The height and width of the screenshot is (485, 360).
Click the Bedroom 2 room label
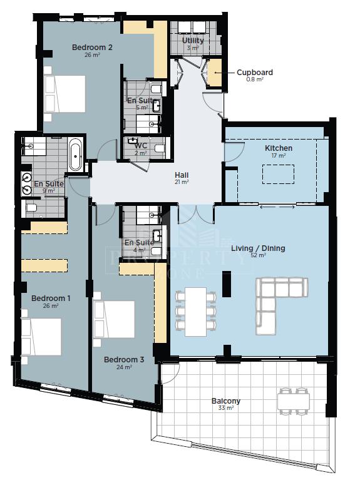coord(92,48)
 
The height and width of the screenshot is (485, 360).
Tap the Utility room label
coord(193,41)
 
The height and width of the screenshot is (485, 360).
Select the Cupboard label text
coord(254,73)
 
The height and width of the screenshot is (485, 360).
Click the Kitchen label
coord(278,148)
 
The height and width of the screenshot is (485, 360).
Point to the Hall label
coord(182,175)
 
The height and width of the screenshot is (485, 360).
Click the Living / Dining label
coord(258,248)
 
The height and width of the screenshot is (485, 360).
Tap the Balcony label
coord(225,401)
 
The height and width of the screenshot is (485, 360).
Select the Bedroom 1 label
coord(51,298)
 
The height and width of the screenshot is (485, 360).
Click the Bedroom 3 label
coord(124,360)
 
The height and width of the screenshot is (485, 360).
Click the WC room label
coord(141,146)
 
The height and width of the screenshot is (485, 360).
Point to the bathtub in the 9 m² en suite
coord(75,155)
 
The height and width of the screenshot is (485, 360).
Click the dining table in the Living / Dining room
coord(195,312)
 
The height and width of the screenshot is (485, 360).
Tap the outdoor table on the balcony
coord(294,402)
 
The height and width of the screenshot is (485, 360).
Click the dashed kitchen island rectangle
coord(278,175)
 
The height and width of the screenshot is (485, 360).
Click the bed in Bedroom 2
coord(64,94)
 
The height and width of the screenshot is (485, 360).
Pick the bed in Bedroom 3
coord(114,319)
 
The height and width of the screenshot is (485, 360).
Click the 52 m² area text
coord(258,255)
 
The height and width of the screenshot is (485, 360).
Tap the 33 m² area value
coord(225,408)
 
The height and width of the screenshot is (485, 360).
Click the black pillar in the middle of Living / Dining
coord(227,284)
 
